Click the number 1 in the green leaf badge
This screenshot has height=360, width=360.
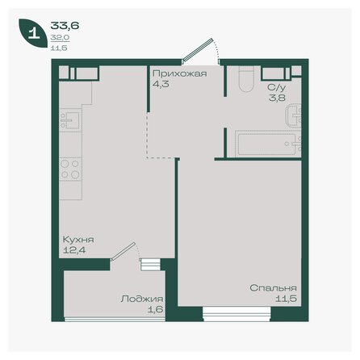tap(32, 35)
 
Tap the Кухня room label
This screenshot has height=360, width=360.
tap(78, 241)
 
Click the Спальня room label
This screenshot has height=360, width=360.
tap(274, 288)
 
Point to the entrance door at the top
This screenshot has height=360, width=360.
tap(199, 51)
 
